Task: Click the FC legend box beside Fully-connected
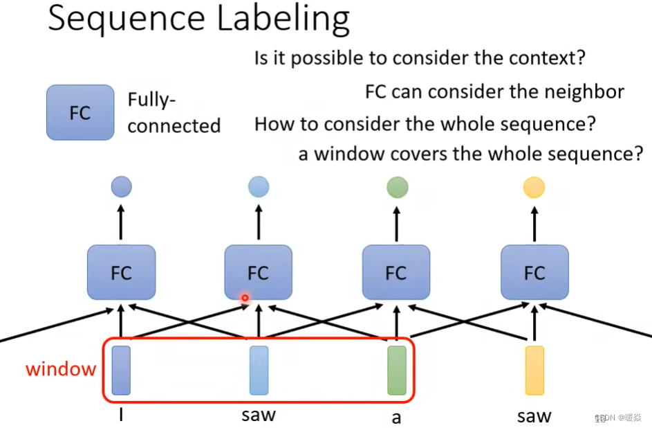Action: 80,112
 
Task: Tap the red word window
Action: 61,369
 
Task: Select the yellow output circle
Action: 534,187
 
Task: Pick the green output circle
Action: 397,187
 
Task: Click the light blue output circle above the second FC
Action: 259,186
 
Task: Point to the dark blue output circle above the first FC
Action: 121,186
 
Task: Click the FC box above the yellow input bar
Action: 534,273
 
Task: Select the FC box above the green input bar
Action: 396,273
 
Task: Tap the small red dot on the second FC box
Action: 245,298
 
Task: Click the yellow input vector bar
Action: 534,371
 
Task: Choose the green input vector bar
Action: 397,371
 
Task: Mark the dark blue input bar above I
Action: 121,371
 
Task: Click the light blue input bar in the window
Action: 259,371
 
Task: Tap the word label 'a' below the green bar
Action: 396,418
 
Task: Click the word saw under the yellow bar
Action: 534,416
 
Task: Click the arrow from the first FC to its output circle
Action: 121,221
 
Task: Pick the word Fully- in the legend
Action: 148,100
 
